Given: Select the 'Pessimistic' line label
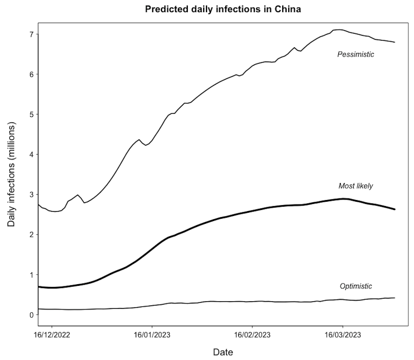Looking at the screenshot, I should (x=355, y=54).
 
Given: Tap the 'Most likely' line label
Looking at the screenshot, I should (x=355, y=186).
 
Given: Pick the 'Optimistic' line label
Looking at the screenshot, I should (x=356, y=286).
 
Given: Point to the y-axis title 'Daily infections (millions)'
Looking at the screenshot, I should (x=12, y=174).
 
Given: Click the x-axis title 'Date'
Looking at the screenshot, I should (x=223, y=351).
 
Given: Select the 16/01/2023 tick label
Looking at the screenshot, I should (x=152, y=334).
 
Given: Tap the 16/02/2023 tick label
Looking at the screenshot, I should (x=253, y=334).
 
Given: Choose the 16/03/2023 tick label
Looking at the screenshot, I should (x=343, y=334).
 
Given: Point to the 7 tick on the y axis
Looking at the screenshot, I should (x=31, y=34).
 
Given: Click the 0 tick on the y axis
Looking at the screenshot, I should (x=31, y=315).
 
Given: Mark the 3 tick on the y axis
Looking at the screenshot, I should (x=31, y=195).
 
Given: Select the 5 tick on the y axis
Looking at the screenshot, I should (x=31, y=114).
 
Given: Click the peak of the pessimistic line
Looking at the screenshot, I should (x=338, y=30).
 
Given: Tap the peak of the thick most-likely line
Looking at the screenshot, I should (x=344, y=198).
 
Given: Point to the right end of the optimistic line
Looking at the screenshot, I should (x=394, y=298).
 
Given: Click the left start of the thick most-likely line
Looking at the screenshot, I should (x=38, y=287).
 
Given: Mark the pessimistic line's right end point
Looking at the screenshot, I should (x=394, y=42).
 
